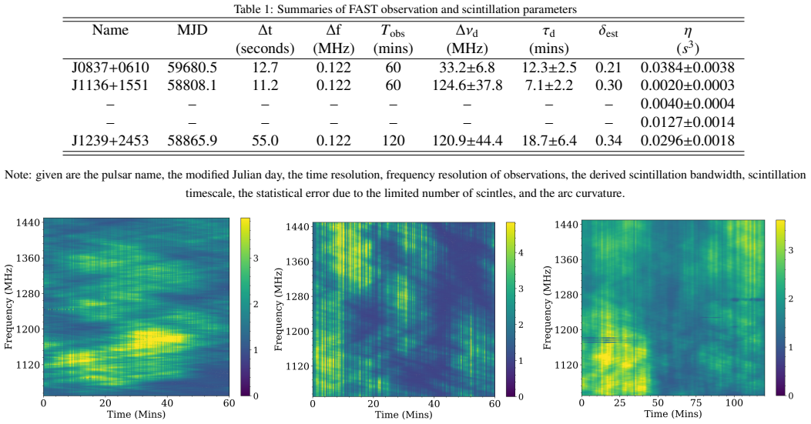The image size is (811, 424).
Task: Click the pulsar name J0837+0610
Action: click(110, 68)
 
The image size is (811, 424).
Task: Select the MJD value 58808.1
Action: click(192, 85)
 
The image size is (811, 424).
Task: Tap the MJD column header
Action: click(192, 30)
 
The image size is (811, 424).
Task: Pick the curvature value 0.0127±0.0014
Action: click(687, 122)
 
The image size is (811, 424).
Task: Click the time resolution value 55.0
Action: click(265, 141)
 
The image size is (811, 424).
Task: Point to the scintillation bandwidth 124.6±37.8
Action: click(467, 85)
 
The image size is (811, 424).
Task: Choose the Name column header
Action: click(110, 30)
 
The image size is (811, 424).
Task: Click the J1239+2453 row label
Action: click(110, 141)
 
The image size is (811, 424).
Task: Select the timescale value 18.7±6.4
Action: click(549, 141)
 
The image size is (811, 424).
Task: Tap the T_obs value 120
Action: click(393, 141)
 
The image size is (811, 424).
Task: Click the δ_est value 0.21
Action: click(608, 68)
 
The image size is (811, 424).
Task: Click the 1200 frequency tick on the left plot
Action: click(29, 329)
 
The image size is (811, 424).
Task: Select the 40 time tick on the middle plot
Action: click(434, 404)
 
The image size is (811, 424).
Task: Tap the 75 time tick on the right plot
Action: click(696, 402)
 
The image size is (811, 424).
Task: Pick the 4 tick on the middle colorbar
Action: click(521, 253)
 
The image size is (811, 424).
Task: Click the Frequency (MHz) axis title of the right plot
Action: click(548, 308)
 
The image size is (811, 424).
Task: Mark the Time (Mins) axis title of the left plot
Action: click(136, 414)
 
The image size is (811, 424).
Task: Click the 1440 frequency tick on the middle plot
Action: click(299, 226)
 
